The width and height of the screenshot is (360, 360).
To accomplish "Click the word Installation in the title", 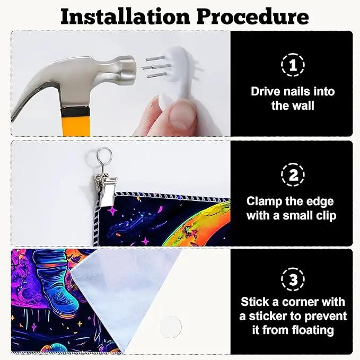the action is click(x=125, y=16).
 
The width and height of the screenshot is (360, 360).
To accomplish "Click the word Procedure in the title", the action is click(x=252, y=16).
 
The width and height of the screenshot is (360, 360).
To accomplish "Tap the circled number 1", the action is click(x=293, y=65).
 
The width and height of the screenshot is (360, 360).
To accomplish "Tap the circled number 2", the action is click(x=293, y=175).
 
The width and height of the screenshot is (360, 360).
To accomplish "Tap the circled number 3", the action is click(x=293, y=279).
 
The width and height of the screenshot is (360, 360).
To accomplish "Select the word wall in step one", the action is click(x=303, y=106).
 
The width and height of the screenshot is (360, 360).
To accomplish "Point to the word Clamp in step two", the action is click(x=264, y=202).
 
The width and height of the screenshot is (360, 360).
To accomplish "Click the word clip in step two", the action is click(x=326, y=216).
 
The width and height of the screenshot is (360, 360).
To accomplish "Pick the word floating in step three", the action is click(x=313, y=331).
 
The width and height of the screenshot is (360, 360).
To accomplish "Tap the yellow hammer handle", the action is click(x=76, y=125).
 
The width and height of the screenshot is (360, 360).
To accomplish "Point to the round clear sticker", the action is click(x=170, y=326).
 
